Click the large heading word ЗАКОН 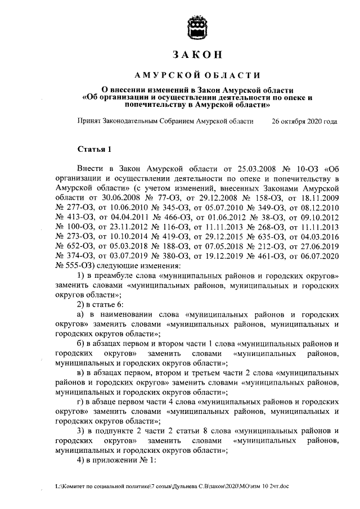(198, 55)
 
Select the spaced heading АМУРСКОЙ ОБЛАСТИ (198, 75)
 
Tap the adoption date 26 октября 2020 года (304, 121)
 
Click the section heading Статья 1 (94, 148)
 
